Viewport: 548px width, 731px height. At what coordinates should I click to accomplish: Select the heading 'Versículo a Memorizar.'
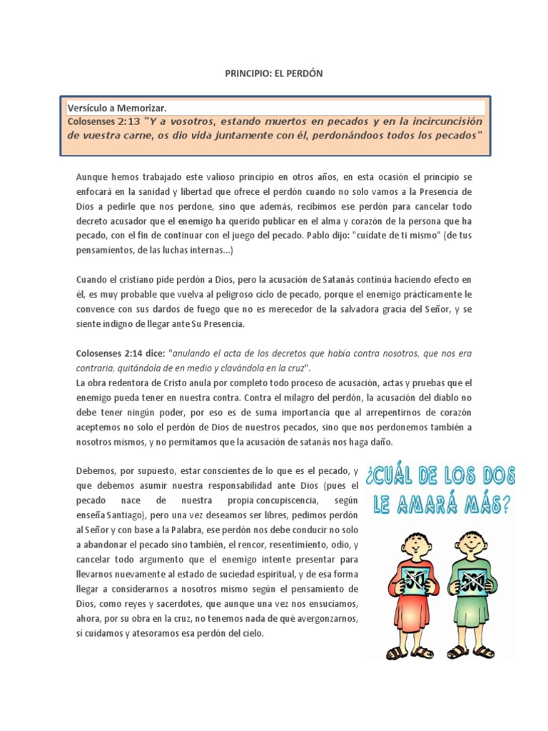117,108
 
